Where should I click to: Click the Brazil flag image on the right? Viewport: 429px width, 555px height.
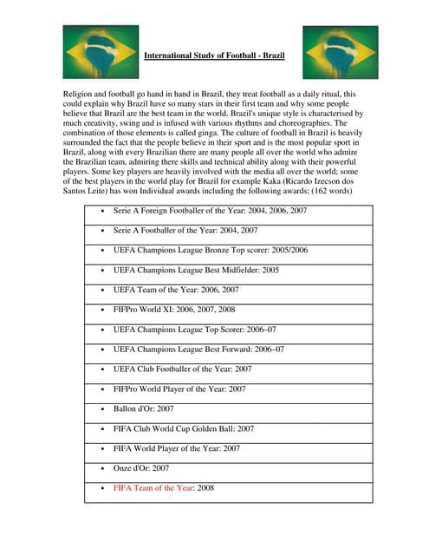coord(340,52)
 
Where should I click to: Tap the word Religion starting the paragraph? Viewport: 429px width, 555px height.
coord(81,93)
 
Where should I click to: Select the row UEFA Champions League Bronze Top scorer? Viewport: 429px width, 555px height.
coord(211,251)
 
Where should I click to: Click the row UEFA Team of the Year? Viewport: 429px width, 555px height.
coord(176,290)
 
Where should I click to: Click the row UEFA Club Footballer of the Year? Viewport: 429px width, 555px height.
coord(183,369)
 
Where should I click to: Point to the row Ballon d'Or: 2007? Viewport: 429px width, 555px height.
coord(144,408)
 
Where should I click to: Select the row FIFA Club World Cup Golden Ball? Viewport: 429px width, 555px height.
coord(184,428)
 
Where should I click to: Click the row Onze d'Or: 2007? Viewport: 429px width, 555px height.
coord(141,468)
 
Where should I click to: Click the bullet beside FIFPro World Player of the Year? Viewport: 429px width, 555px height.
coord(104,389)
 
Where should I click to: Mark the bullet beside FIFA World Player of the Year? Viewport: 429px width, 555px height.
coord(104,448)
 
